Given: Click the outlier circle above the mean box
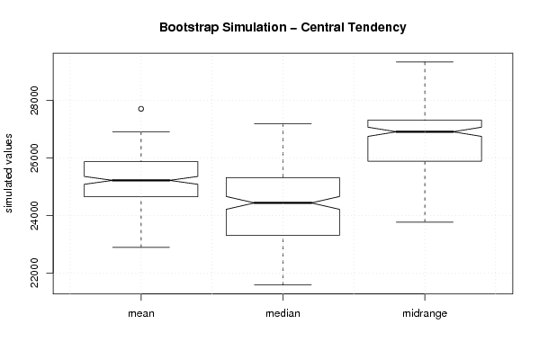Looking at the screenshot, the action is pyautogui.click(x=141, y=109).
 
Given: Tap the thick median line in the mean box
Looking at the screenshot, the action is pyautogui.click(x=141, y=180).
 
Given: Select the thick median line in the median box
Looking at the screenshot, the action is pyautogui.click(x=283, y=202).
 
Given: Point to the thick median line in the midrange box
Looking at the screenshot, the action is pyautogui.click(x=425, y=131).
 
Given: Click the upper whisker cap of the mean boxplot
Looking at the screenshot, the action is pyautogui.click(x=141, y=131).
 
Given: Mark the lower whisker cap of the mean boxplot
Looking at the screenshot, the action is pyautogui.click(x=141, y=247).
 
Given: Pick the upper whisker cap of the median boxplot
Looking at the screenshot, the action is pyautogui.click(x=283, y=123).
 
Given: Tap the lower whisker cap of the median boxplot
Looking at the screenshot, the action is pyautogui.click(x=283, y=284).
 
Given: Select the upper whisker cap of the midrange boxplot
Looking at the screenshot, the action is pyautogui.click(x=425, y=62).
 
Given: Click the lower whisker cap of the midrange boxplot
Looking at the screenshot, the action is pyautogui.click(x=425, y=222).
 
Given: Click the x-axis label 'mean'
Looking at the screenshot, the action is pyautogui.click(x=141, y=313).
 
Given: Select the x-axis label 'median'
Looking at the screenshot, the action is pyautogui.click(x=283, y=313).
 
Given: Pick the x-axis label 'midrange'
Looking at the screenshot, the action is pyautogui.click(x=425, y=313).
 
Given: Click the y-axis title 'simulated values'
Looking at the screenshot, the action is pyautogui.click(x=8, y=174).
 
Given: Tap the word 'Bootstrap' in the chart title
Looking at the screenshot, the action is pyautogui.click(x=189, y=28).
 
